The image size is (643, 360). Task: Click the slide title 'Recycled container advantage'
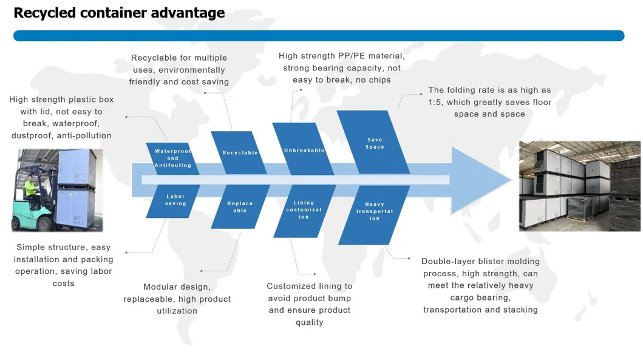tap(119, 13)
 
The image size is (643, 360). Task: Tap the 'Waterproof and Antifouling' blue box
tap(173, 158)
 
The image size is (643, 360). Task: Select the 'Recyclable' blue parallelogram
tap(240, 153)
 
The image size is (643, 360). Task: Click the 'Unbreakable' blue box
tap(304, 150)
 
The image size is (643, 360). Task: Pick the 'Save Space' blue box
tap(374, 143)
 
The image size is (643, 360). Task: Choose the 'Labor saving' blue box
tap(175, 200)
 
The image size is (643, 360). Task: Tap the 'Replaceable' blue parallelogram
tap(240, 207)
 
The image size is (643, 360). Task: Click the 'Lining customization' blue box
tap(304, 210)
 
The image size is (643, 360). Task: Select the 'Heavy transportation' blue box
tap(374, 212)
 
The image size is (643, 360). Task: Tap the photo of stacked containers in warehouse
tap(580, 186)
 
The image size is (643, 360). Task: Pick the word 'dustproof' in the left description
tap(33, 135)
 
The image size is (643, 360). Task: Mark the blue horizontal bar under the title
tap(319, 36)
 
